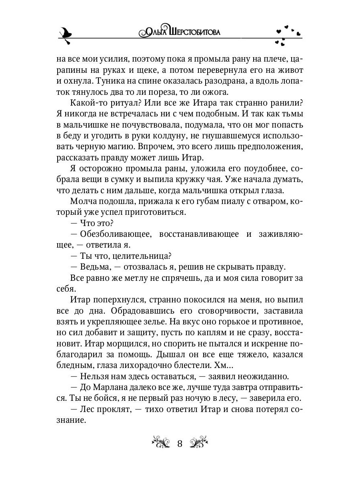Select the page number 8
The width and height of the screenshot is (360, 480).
tap(180, 444)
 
